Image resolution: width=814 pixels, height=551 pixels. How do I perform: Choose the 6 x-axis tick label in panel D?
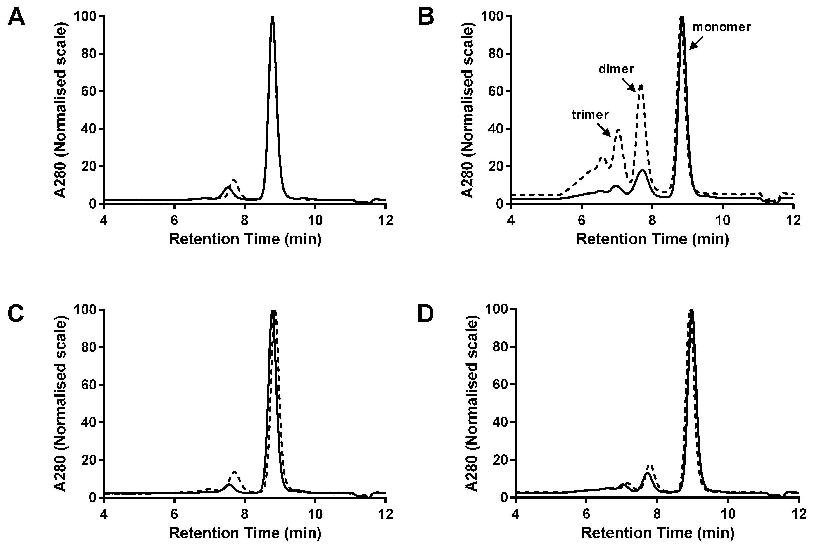[586, 514]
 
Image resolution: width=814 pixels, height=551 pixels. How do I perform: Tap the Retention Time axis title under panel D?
[657, 533]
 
